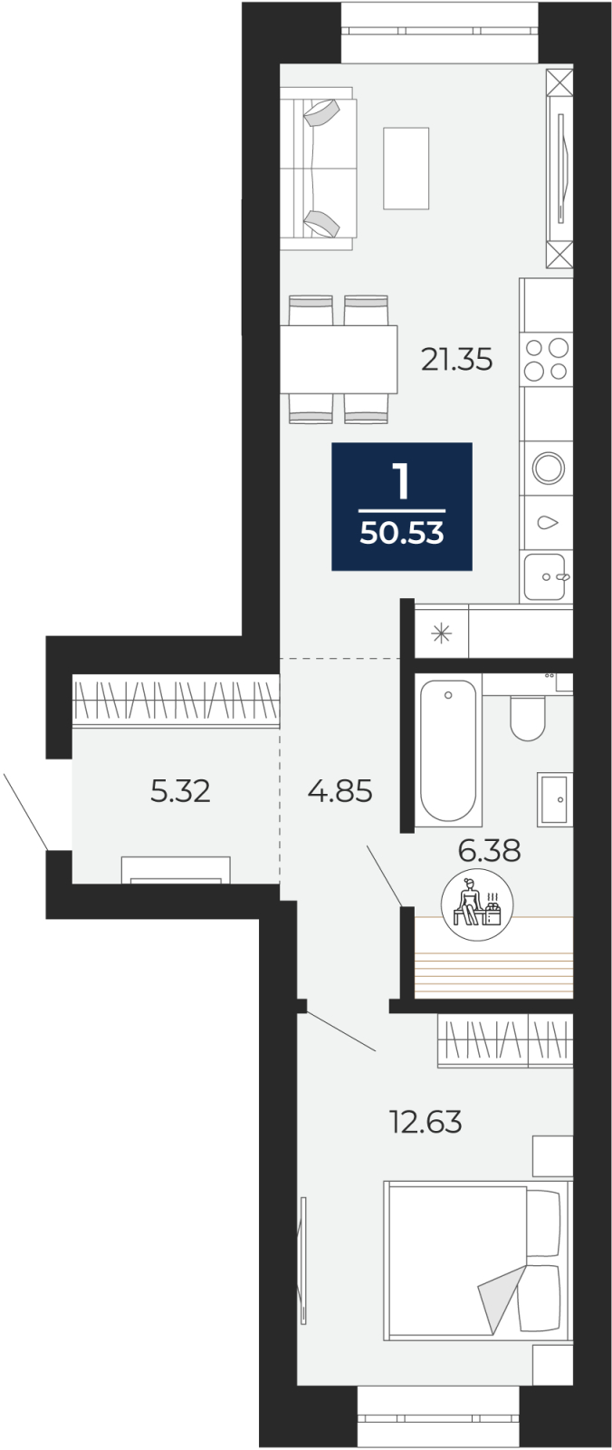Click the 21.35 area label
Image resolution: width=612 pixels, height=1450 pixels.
tap(456, 359)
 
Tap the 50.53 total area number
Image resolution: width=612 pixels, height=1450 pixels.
tap(402, 533)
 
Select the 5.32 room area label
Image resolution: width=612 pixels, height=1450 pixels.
tap(180, 791)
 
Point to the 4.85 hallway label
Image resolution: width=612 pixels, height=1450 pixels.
tap(340, 791)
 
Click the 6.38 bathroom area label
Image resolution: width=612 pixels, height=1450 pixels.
tap(489, 850)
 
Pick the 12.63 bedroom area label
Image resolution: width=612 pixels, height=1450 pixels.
tap(426, 1122)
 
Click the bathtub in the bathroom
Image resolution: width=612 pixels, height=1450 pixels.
tap(447, 750)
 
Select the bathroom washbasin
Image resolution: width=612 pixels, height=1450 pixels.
tap(554, 799)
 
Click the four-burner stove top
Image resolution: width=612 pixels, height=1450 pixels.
tap(547, 359)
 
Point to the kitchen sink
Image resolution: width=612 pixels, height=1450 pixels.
tap(546, 576)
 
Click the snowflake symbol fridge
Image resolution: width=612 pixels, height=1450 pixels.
tap(441, 633)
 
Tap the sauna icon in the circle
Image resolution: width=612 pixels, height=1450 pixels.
tap(477, 904)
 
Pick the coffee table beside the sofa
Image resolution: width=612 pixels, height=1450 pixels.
tap(406, 169)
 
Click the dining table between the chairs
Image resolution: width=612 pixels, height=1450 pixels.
tap(339, 359)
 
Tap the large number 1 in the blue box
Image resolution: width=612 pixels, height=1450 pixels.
tap(402, 481)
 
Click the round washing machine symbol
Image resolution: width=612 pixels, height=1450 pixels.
tap(549, 468)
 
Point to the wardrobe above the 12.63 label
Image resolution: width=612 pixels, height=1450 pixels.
tap(505, 1040)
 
